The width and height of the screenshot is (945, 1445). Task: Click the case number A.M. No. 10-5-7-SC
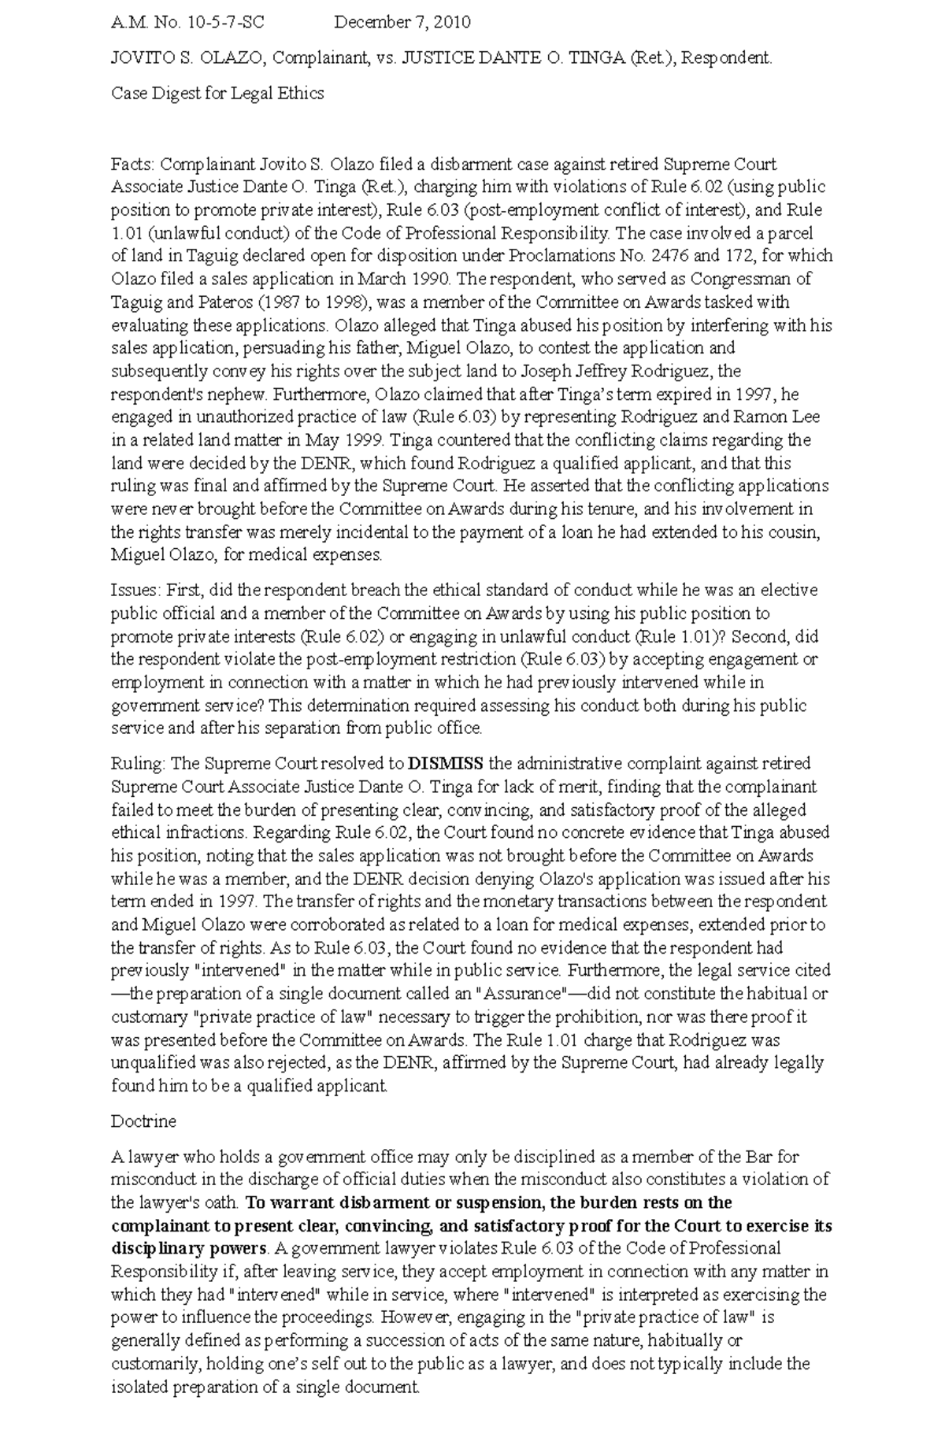pos(187,22)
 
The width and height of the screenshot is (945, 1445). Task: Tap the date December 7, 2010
pos(402,22)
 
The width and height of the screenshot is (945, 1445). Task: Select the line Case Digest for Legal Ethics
pos(217,94)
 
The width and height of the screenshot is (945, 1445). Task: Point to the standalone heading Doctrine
pos(143,1121)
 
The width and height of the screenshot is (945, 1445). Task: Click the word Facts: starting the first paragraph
pos(135,165)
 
